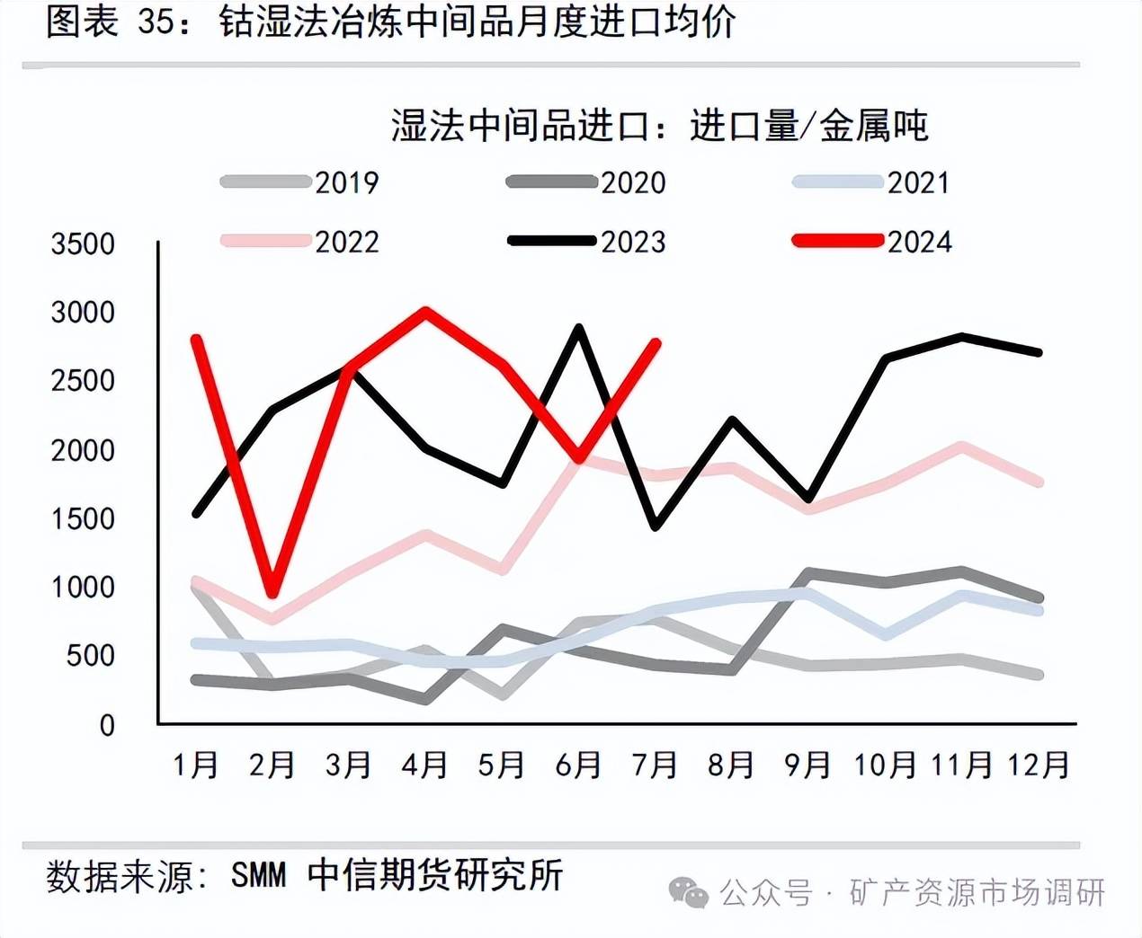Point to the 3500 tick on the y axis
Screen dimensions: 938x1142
click(x=83, y=243)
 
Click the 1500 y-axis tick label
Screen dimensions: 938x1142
click(x=83, y=518)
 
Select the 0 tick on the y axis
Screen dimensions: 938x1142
click(x=107, y=725)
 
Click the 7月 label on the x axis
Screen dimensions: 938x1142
click(x=655, y=765)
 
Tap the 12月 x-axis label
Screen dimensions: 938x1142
click(x=1039, y=765)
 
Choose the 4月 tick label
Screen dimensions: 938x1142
click(x=424, y=765)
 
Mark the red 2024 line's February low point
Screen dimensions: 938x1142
click(x=272, y=594)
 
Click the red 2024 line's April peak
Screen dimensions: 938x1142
click(x=424, y=311)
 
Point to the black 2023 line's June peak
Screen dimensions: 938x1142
click(x=579, y=328)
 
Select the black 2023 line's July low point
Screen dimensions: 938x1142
click(x=656, y=526)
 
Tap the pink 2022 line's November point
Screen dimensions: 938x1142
click(x=962, y=446)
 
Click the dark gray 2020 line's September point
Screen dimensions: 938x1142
click(x=808, y=572)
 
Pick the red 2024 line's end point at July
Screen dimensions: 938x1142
click(x=656, y=343)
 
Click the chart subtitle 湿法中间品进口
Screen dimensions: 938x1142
click(x=520, y=126)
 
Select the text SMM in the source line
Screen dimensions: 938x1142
click(x=258, y=875)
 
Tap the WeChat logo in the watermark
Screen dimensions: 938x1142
click(x=688, y=892)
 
